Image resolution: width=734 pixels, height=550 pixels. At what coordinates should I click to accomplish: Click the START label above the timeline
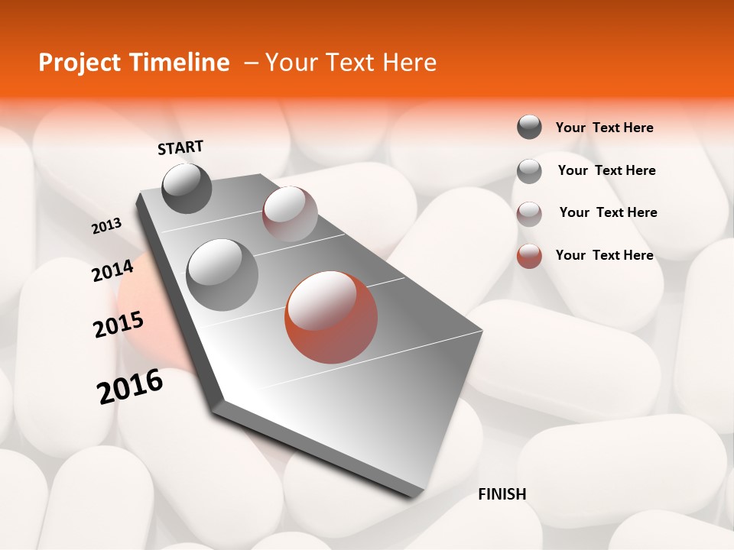180,147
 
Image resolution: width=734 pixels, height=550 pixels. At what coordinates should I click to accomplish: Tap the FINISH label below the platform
502,494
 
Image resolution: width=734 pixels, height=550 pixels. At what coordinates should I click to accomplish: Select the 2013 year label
107,226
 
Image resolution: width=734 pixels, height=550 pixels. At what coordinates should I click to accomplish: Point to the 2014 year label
112,270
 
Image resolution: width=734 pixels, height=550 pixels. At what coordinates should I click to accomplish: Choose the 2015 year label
119,325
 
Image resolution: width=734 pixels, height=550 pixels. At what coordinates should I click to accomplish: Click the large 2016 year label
130,387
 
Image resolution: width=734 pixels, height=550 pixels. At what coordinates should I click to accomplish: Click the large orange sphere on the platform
331,317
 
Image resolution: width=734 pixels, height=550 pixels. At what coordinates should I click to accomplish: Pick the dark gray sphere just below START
187,188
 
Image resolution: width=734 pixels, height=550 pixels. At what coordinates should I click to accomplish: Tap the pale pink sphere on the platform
290,214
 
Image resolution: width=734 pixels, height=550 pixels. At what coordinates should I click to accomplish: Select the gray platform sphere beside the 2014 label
222,275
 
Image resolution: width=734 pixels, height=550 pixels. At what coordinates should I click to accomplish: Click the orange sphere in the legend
529,256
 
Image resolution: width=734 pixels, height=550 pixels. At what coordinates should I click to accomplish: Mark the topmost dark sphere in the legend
529,127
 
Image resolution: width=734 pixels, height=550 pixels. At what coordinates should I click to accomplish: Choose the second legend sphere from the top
529,170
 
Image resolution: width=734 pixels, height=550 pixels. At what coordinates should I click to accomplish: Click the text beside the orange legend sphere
604,255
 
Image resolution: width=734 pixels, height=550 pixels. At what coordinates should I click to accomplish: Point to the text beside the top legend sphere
604,128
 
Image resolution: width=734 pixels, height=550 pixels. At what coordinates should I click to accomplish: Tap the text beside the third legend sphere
608,212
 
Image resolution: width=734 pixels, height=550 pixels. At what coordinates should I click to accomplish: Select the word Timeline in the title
181,63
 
